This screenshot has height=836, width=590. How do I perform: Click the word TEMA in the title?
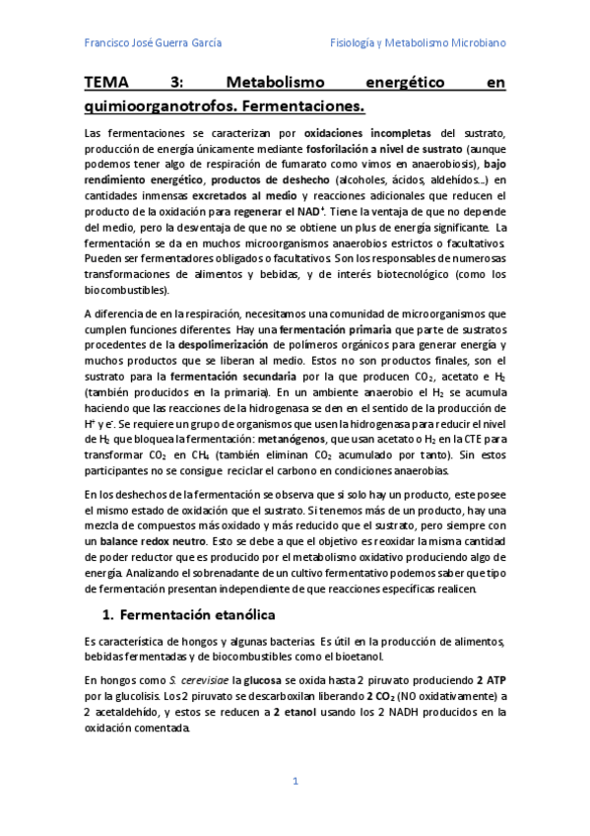click(106, 84)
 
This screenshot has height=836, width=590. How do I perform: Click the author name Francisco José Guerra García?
click(153, 43)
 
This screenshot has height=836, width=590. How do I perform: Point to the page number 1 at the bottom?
click(295, 781)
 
